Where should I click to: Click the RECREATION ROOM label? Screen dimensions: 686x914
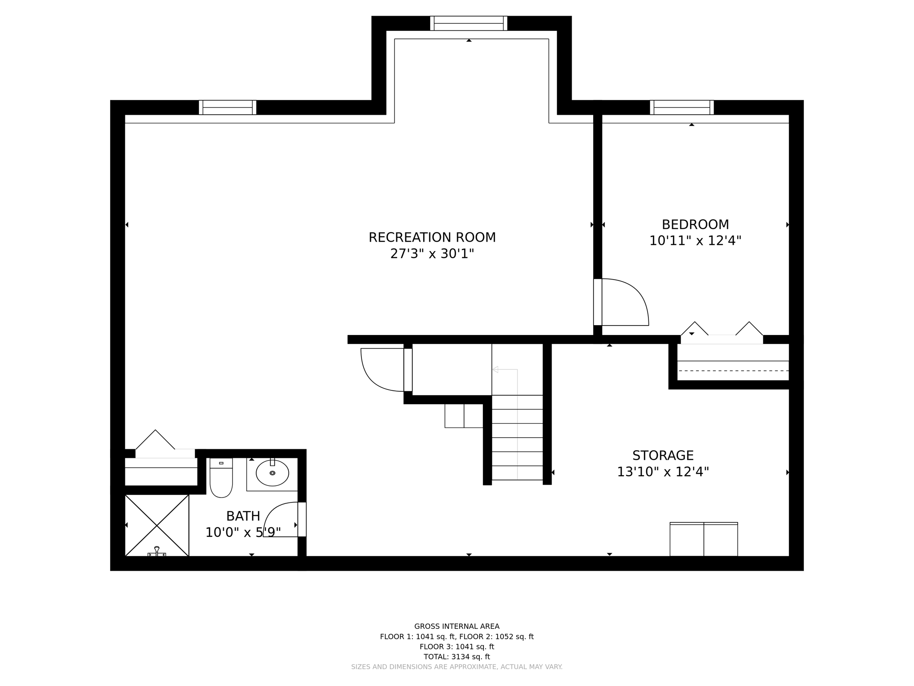[x=432, y=237]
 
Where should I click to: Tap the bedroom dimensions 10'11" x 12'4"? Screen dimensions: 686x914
[x=695, y=241]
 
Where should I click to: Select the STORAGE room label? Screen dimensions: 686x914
[x=663, y=456]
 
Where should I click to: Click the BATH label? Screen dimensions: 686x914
[x=243, y=516]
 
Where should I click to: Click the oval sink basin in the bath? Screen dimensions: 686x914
[x=272, y=473]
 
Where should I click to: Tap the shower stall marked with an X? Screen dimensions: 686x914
[x=157, y=525]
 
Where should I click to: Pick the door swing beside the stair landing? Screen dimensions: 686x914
[x=375, y=375]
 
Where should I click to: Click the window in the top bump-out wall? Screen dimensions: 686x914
[x=469, y=23]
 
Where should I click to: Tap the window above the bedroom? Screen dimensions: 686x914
[x=681, y=108]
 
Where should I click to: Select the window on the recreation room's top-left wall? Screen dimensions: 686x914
[x=228, y=108]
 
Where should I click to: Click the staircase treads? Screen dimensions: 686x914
[x=517, y=438]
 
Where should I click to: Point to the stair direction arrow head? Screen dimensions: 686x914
[x=495, y=369]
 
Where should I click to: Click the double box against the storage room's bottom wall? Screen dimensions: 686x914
[x=703, y=540]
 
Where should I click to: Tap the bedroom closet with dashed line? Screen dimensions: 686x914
[x=733, y=366]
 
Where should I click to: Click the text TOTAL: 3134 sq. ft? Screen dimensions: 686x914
[x=457, y=657]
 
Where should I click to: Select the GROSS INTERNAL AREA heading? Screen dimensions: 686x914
[x=457, y=626]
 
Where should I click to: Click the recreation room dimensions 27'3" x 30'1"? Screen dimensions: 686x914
[x=432, y=254]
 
